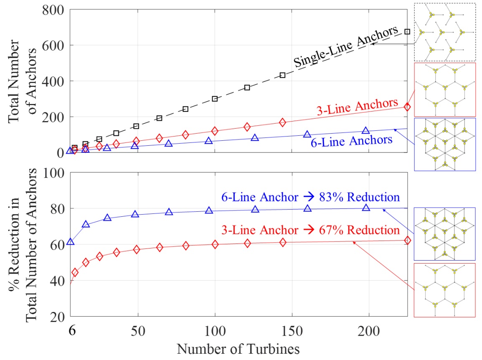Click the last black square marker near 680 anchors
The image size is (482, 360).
pyautogui.click(x=407, y=32)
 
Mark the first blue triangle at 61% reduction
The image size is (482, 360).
pyautogui.click(x=71, y=242)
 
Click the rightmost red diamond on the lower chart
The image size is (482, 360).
pyautogui.click(x=407, y=240)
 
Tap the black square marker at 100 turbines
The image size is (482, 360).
pyautogui.click(x=215, y=99)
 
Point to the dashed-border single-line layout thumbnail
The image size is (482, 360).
pyautogui.click(x=445, y=32)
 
